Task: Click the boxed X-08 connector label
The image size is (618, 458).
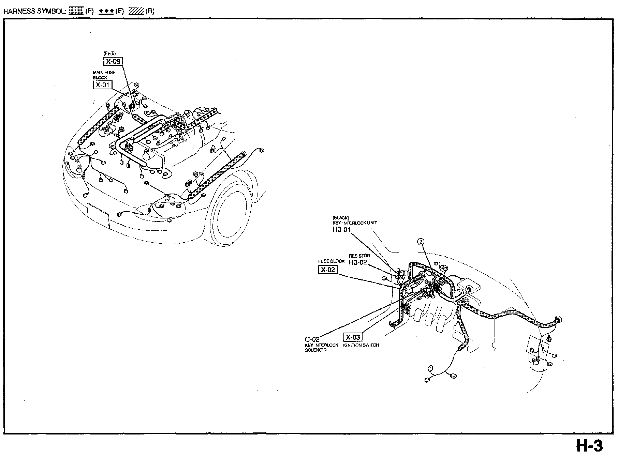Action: tap(113, 61)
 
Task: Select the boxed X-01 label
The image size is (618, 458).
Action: tap(102, 85)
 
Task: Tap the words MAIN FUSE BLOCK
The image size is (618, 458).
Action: tap(104, 75)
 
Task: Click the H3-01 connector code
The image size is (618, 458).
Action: tap(341, 229)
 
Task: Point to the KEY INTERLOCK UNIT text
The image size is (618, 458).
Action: tap(355, 223)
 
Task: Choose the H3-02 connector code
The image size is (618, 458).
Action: tap(358, 262)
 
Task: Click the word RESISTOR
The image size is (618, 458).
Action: tap(359, 256)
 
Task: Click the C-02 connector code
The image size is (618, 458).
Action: tap(312, 339)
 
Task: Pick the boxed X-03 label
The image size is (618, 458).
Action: tap(353, 337)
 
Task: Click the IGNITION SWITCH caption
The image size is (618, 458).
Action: tap(361, 345)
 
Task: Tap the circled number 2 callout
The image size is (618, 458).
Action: tap(421, 242)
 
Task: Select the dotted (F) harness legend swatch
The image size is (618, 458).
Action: tap(76, 11)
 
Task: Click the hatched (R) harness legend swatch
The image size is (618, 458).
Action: tap(136, 11)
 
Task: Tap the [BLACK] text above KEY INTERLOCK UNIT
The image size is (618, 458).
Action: tap(340, 218)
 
